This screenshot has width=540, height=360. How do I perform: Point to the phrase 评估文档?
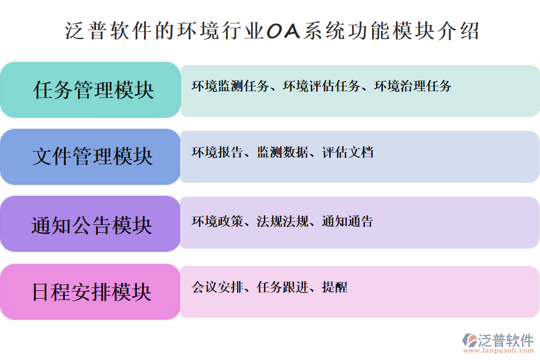click(347, 152)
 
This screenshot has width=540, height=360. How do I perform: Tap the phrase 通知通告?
click(347, 221)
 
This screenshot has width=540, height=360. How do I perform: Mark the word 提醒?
click(334, 287)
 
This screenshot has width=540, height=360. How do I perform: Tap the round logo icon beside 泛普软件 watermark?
click(469, 340)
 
